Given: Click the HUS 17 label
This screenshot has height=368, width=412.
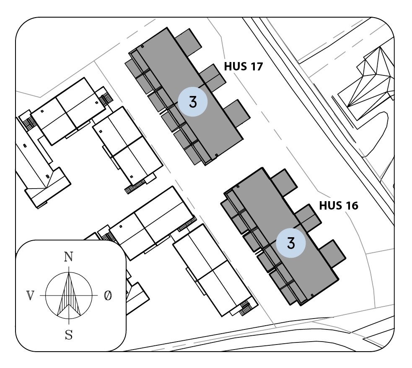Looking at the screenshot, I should (243, 67).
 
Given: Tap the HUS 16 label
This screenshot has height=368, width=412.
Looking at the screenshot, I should (339, 206).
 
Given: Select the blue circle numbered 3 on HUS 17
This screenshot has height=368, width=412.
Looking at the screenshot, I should (192, 102).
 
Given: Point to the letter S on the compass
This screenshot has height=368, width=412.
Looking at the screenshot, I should (69, 335).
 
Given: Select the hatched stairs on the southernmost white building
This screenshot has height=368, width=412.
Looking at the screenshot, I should (246, 308).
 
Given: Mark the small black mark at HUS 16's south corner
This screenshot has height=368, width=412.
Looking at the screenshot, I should (312, 296).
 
